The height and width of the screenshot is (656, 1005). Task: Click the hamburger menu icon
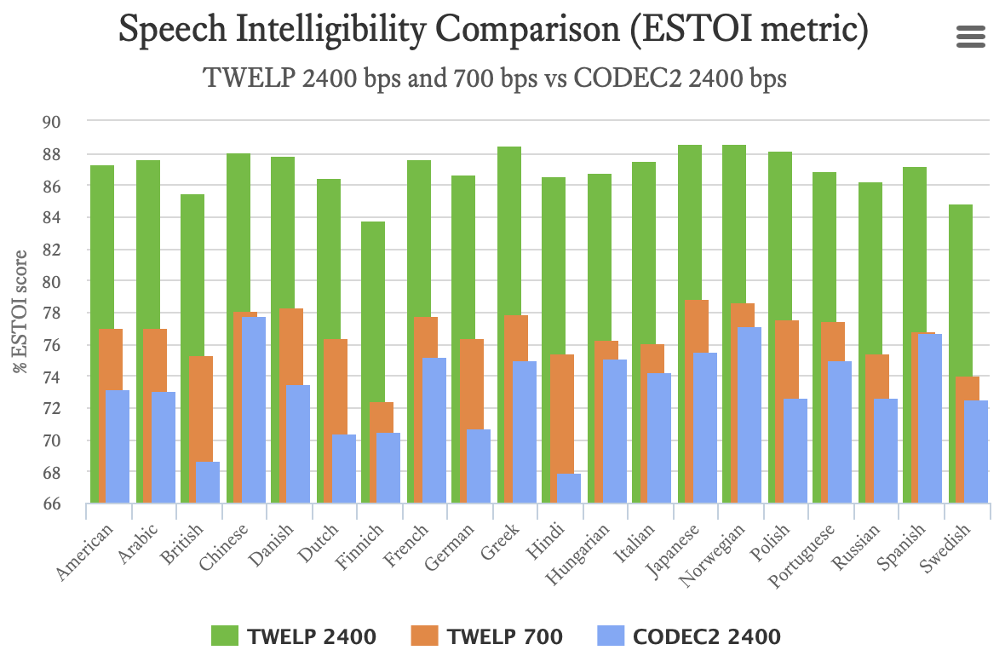pos(971,37)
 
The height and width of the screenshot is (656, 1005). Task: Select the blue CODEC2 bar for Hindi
pos(568,489)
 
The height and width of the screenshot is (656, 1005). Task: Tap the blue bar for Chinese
pos(253,409)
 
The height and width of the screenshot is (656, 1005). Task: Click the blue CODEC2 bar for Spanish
pos(929,417)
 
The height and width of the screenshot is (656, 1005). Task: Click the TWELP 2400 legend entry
pos(293,636)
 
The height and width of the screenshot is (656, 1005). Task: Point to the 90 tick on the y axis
pos(52,123)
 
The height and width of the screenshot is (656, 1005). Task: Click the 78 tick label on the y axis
pos(52,314)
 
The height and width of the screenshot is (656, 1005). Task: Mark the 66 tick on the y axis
pos(52,504)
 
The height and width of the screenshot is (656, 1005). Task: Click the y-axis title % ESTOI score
pos(19,312)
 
